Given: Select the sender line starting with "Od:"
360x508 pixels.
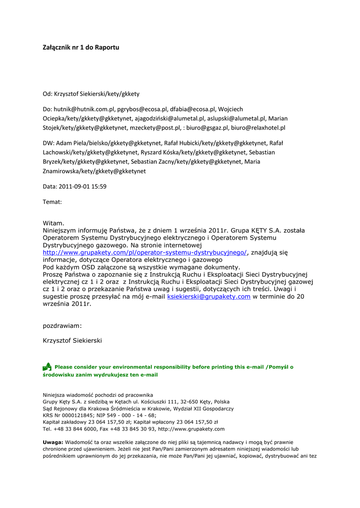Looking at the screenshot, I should point(91,94).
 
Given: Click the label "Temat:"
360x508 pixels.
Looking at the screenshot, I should point(52,202).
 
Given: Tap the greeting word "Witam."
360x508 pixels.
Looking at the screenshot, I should point(54,224).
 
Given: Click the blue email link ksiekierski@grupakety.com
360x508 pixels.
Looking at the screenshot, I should point(209,297).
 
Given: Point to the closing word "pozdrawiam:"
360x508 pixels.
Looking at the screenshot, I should point(63,326).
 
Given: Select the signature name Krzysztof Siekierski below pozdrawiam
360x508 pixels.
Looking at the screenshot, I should point(72,341).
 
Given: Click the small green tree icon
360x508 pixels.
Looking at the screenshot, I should point(47,367).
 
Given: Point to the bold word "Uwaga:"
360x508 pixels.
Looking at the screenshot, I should point(53,442).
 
